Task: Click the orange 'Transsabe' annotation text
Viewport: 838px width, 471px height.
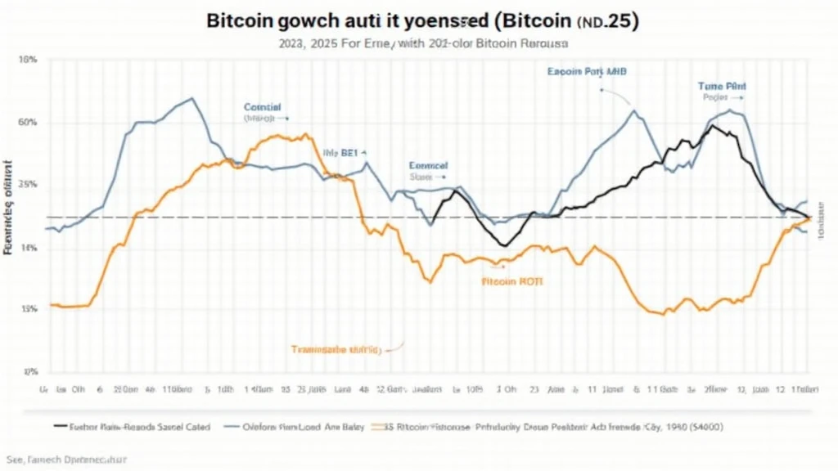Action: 336,349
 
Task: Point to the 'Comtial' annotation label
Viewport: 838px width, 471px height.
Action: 262,107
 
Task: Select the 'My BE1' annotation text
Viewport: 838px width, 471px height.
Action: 345,152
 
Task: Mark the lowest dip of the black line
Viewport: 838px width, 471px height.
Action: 504,245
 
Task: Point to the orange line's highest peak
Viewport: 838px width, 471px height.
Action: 306,134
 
